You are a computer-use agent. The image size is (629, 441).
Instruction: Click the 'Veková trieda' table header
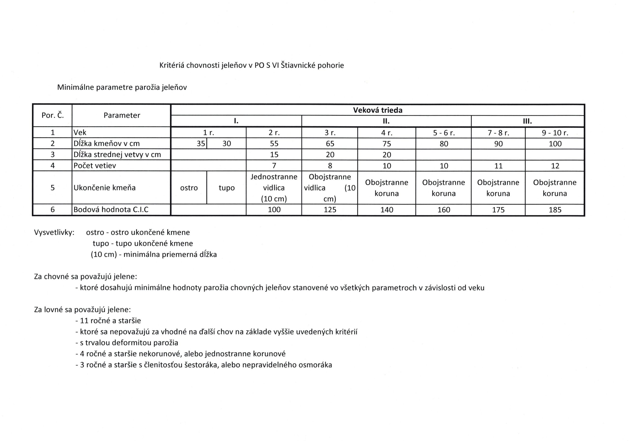click(377, 110)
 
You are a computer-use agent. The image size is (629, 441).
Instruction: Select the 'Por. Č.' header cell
click(53, 115)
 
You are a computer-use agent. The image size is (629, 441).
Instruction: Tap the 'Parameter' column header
click(122, 115)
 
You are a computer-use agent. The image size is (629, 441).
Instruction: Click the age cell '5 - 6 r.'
click(443, 133)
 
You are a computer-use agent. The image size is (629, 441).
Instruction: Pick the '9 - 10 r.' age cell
click(555, 133)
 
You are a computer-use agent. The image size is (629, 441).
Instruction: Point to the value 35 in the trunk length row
click(201, 143)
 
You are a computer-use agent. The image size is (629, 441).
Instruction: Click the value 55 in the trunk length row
click(274, 143)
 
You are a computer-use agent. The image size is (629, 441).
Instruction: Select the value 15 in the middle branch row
click(274, 155)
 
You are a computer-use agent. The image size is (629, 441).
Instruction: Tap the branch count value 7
click(274, 166)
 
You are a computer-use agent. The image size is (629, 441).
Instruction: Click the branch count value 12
click(555, 166)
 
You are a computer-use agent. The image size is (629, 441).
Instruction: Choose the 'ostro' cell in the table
click(189, 188)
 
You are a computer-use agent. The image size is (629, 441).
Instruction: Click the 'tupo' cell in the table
click(227, 188)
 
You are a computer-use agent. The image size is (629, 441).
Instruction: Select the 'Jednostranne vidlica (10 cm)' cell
click(274, 188)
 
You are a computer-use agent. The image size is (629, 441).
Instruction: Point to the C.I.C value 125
click(330, 210)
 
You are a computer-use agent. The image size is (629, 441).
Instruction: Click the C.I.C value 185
click(555, 210)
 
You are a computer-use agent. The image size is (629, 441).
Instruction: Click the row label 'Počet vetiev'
click(95, 166)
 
